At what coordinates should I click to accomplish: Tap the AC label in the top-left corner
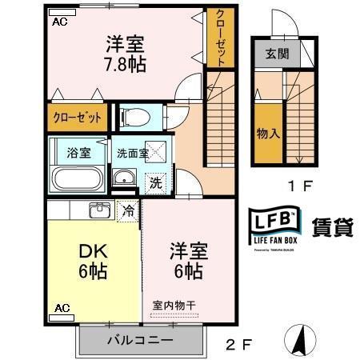coord(59,22)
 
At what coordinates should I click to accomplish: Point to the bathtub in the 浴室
coord(78,178)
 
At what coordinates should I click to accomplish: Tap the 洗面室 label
coord(132,153)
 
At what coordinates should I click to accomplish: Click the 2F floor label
coord(238,346)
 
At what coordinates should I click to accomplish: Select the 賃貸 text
coord(330,226)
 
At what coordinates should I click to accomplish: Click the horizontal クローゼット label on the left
coord(78,118)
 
